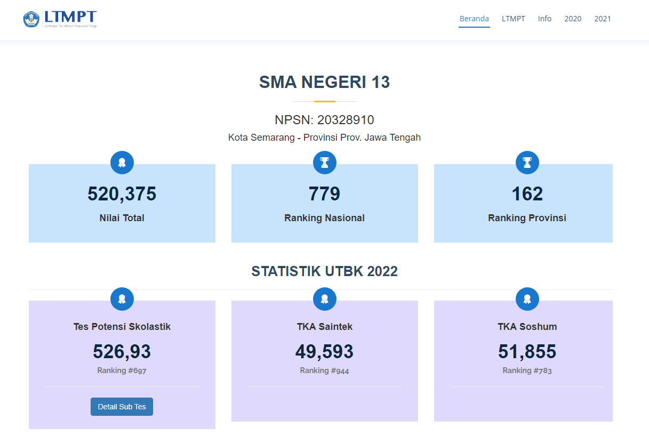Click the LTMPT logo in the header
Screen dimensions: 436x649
click(60, 19)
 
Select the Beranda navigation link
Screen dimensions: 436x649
click(474, 19)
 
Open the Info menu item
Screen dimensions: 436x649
click(544, 19)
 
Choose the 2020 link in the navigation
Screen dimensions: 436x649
click(573, 19)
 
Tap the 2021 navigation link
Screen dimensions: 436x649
click(603, 19)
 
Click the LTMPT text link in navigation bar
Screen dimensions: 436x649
click(513, 19)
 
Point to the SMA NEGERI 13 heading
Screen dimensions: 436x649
click(324, 82)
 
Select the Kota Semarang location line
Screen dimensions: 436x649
click(324, 138)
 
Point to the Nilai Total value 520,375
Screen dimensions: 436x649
click(122, 194)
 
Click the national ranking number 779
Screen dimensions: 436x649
click(324, 194)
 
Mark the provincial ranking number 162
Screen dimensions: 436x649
click(527, 194)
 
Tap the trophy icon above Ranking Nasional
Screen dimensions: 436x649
click(324, 163)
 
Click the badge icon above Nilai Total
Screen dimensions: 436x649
click(122, 163)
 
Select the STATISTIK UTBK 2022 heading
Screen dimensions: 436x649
click(324, 271)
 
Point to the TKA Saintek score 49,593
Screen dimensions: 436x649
click(324, 352)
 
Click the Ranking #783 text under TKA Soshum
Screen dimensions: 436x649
click(527, 370)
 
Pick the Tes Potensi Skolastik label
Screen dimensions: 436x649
click(122, 327)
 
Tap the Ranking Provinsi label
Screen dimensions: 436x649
click(527, 218)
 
